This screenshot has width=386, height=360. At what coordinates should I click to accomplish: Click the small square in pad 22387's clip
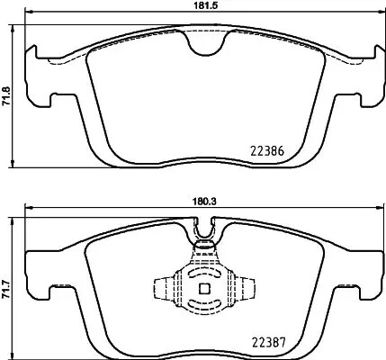pos(204,289)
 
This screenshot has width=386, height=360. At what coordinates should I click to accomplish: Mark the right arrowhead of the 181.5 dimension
pos(379,15)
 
